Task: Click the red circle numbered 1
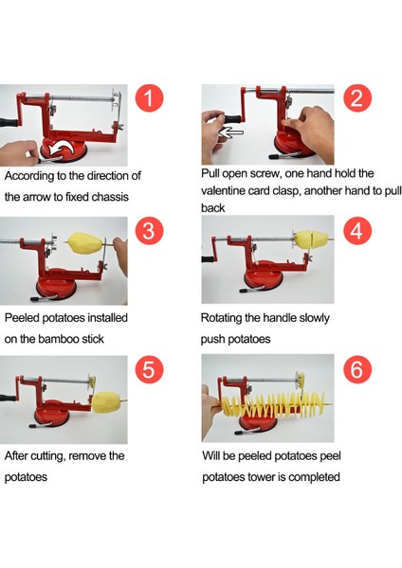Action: point(149,98)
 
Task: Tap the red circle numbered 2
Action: point(357,98)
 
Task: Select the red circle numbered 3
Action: point(149,231)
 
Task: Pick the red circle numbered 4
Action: point(357,231)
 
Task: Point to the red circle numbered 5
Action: point(149,369)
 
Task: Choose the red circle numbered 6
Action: point(357,369)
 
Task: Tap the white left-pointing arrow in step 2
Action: point(230,133)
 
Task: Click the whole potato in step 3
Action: point(86,243)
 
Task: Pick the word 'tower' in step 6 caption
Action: point(262,477)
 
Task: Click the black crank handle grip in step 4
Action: point(208,259)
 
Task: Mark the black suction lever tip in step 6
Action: point(240,433)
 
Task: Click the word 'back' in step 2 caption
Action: point(213,208)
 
